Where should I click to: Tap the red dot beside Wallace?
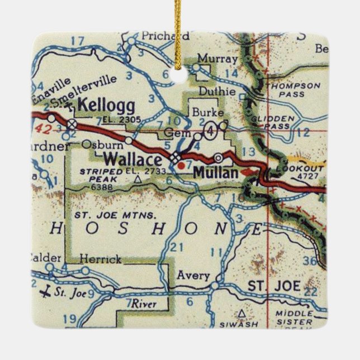pyautogui.click(x=181, y=165)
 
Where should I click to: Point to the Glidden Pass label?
pyautogui.click(x=288, y=123)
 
